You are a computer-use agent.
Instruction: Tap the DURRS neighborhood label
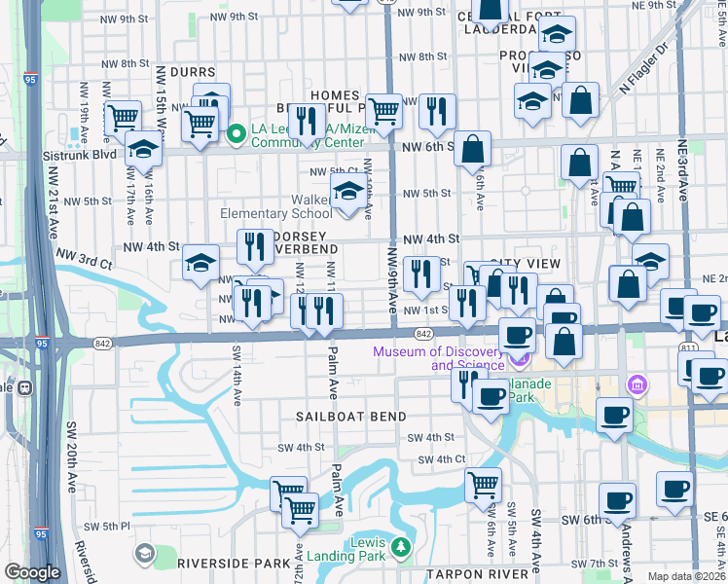tap(191, 72)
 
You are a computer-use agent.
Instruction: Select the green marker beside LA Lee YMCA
tap(237, 133)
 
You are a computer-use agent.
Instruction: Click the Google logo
tap(32, 572)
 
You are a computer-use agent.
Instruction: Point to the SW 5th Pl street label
tap(107, 526)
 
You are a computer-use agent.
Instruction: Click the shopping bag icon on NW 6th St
tap(472, 149)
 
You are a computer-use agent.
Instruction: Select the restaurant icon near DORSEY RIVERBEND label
tap(255, 246)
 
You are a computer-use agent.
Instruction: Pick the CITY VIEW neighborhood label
tap(526, 264)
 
